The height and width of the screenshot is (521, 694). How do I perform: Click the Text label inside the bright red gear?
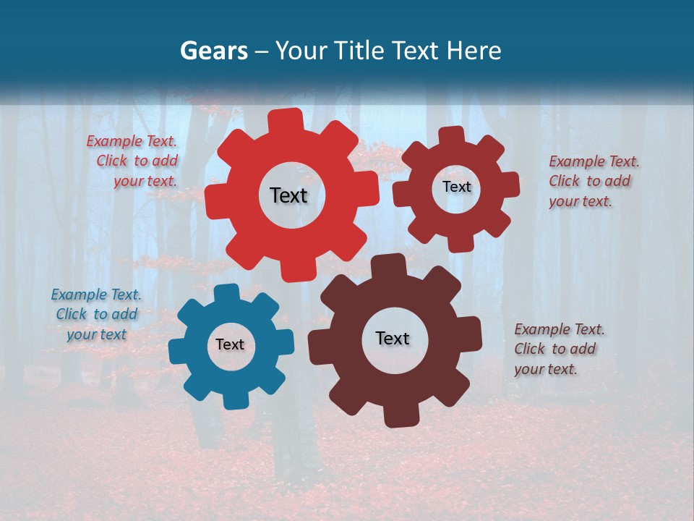coord(288,195)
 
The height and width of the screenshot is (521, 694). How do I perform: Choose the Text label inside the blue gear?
coord(230,345)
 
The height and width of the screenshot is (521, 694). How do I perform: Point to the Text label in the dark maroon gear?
coord(393,339)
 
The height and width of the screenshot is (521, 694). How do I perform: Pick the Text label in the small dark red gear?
coord(456,187)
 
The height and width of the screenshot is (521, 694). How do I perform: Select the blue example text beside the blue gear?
coord(97,314)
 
